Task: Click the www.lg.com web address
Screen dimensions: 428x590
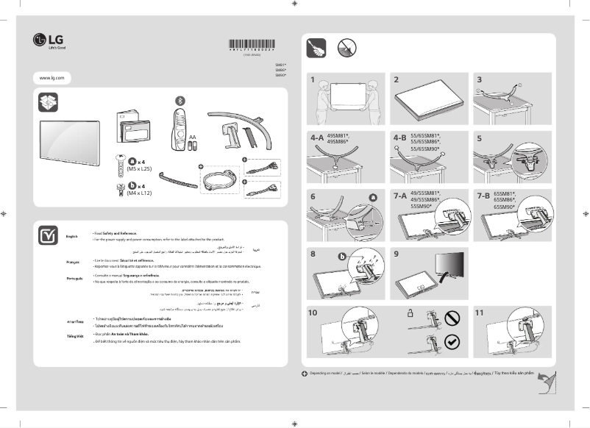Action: click(52, 77)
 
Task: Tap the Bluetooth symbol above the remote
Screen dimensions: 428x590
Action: click(177, 100)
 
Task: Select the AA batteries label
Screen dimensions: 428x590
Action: click(191, 137)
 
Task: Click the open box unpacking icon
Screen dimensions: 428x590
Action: click(49, 102)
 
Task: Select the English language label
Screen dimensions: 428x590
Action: click(71, 236)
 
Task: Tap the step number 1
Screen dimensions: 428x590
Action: click(313, 79)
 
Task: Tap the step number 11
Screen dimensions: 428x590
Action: click(479, 313)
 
